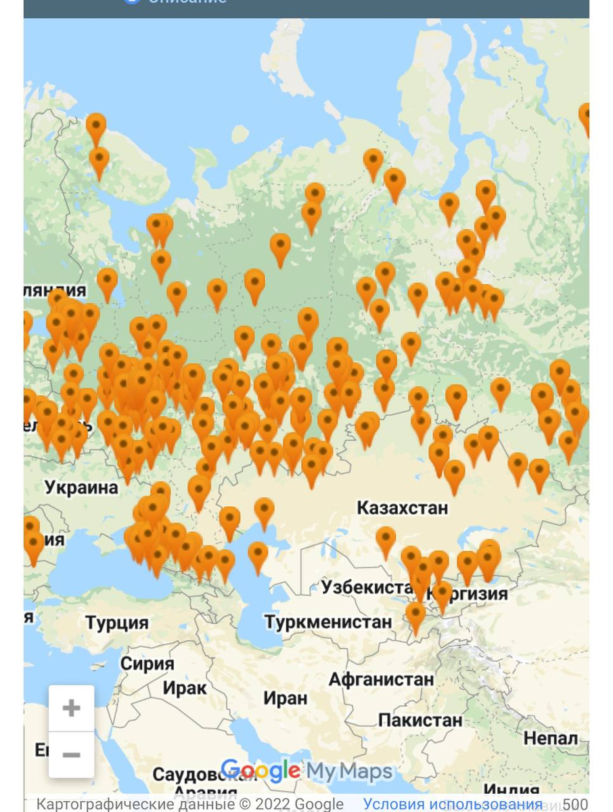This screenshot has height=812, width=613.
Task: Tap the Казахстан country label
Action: [402, 507]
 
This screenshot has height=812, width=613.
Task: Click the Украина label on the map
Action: [81, 487]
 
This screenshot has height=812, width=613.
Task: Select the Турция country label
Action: [117, 623]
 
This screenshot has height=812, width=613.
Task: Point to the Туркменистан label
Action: [327, 621]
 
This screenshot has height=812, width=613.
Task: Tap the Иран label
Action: [285, 698]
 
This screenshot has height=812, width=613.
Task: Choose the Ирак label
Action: [184, 689]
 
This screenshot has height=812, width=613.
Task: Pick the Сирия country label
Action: [147, 664]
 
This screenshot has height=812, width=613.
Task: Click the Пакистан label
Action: [420, 720]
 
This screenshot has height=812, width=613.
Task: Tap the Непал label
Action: [551, 738]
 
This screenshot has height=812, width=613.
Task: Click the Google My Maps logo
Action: [306, 771]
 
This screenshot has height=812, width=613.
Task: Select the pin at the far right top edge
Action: [585, 115]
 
